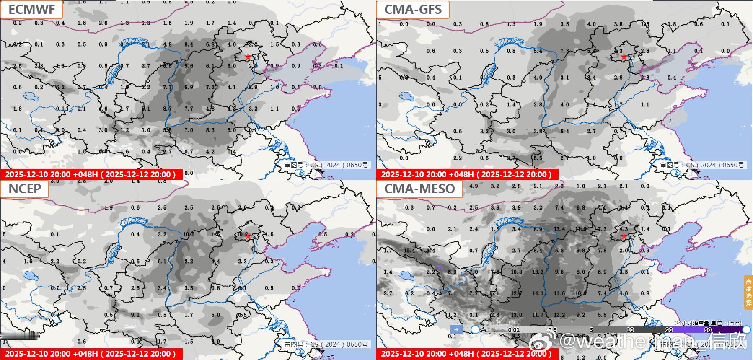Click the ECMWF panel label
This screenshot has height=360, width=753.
click(x=31, y=9)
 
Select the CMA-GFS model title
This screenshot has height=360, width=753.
click(x=413, y=9)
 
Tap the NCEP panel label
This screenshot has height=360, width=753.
click(x=25, y=189)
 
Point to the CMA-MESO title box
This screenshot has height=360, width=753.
click(x=419, y=189)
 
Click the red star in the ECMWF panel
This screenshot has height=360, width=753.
click(x=248, y=57)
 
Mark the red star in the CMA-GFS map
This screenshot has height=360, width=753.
click(x=624, y=57)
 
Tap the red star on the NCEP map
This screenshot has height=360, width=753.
click(x=248, y=236)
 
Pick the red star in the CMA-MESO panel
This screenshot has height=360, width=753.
click(x=624, y=236)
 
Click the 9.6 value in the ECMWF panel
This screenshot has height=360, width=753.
click(x=189, y=66)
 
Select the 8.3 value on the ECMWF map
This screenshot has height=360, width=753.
click(x=210, y=130)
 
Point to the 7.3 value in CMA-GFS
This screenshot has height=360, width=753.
click(x=564, y=51)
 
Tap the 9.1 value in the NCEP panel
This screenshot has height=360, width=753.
click(x=135, y=315)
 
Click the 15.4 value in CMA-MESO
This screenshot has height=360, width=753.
click(x=409, y=251)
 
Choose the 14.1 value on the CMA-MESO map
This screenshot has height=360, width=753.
click(x=538, y=294)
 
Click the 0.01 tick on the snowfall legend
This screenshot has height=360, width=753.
click(x=514, y=330)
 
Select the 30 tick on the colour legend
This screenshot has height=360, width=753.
click(x=708, y=330)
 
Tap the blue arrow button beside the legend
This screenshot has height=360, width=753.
click(x=456, y=329)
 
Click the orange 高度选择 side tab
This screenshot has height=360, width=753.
click(x=748, y=292)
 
